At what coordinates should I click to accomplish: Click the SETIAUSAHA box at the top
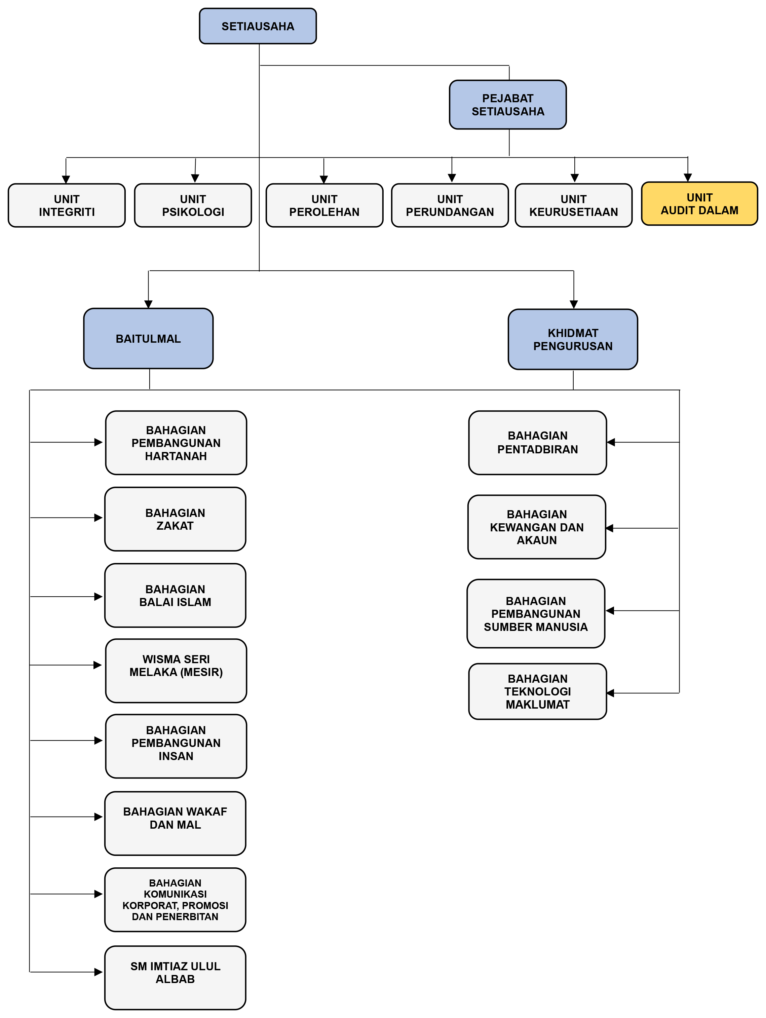(258, 26)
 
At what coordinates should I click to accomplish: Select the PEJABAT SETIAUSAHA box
(507, 105)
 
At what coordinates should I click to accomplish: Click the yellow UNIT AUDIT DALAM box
(699, 204)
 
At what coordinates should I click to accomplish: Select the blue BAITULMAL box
(148, 338)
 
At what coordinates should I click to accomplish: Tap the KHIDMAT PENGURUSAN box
(573, 339)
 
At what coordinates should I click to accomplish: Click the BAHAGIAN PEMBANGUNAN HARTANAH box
(176, 443)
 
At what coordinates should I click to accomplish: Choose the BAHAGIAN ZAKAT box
(175, 519)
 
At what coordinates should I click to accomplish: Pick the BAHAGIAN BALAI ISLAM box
(175, 596)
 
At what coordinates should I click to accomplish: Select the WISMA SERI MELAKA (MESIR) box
(176, 671)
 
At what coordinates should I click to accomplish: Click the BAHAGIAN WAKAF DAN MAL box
(175, 823)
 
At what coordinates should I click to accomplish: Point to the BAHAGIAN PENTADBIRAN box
(537, 443)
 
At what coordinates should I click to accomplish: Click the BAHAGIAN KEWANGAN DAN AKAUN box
(536, 527)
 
